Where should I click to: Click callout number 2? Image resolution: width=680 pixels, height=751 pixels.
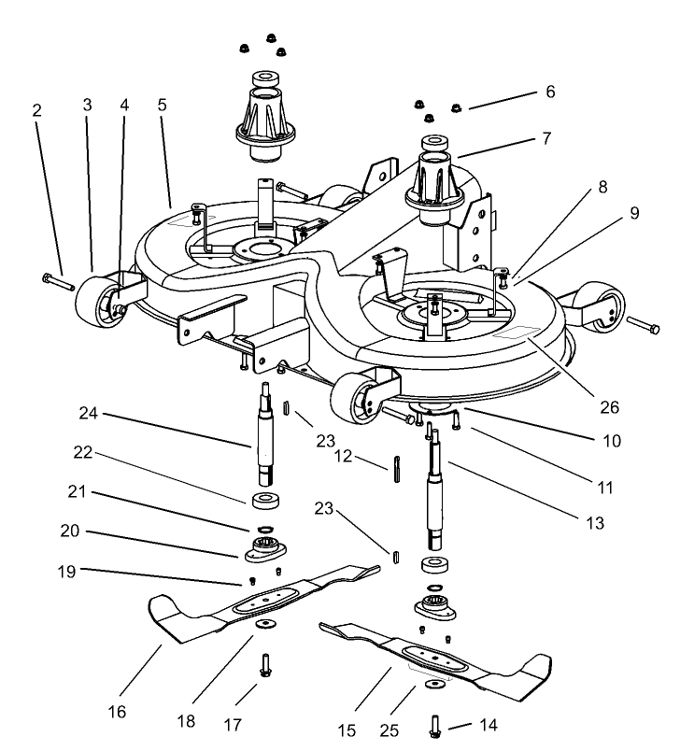coord(36,110)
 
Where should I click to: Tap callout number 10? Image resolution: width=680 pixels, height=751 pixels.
coord(612,440)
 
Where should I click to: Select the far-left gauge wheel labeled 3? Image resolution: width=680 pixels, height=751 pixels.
coord(94,307)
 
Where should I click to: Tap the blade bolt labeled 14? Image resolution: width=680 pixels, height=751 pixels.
coord(436,725)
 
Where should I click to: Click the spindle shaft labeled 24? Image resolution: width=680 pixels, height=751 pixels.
coord(265,435)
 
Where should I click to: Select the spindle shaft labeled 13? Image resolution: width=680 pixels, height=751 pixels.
coord(434,495)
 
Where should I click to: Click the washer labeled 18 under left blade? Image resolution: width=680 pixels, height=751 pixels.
coord(268,622)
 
